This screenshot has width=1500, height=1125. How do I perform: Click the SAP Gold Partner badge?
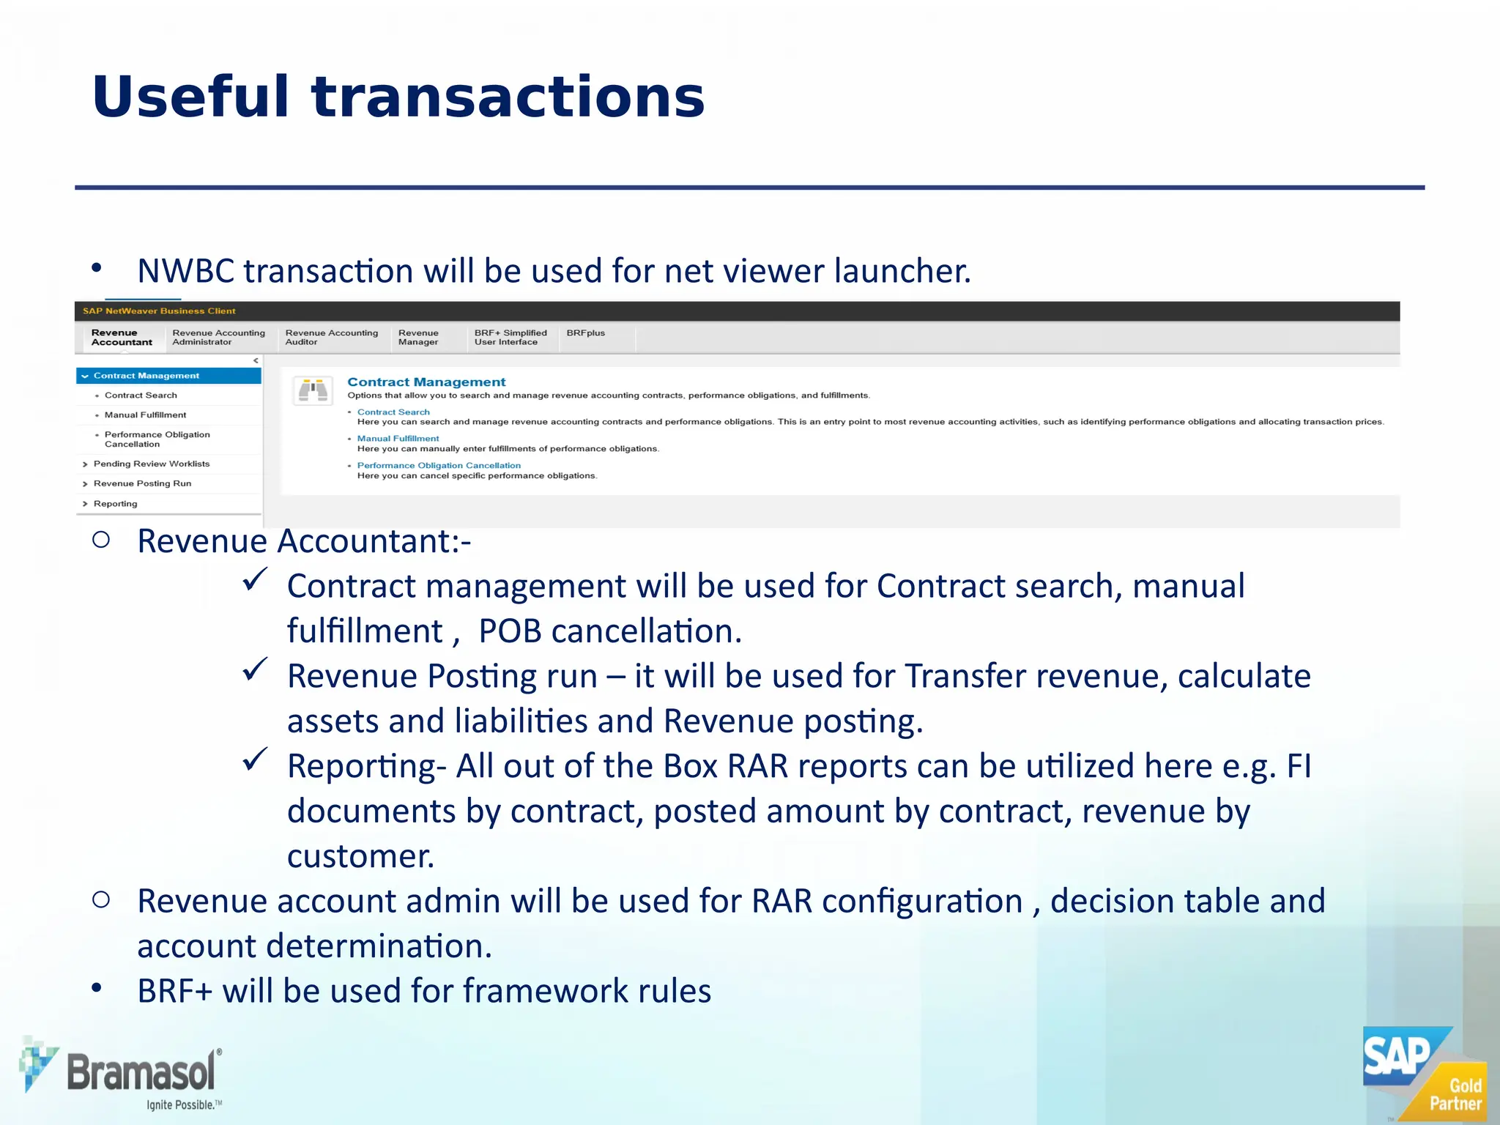(1424, 1074)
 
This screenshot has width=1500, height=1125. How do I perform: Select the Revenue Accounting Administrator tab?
(218, 338)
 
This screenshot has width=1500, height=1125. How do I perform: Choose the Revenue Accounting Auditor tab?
(331, 338)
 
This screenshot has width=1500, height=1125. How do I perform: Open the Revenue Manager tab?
(418, 338)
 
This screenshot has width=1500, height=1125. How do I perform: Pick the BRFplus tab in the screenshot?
(585, 333)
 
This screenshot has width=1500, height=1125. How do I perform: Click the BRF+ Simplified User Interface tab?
(510, 338)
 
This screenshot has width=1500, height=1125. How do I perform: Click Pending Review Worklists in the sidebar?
(151, 464)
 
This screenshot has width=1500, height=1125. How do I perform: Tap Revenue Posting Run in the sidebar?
(142, 483)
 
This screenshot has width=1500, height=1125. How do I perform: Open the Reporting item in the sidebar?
(115, 504)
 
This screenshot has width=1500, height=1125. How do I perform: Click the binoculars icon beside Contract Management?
(313, 390)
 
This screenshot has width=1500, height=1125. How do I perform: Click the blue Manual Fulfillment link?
(398, 439)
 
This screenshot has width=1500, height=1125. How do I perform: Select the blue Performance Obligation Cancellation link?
(439, 466)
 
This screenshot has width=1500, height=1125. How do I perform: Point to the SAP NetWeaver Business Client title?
(159, 311)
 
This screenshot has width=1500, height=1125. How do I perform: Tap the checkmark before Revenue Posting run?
(255, 669)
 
